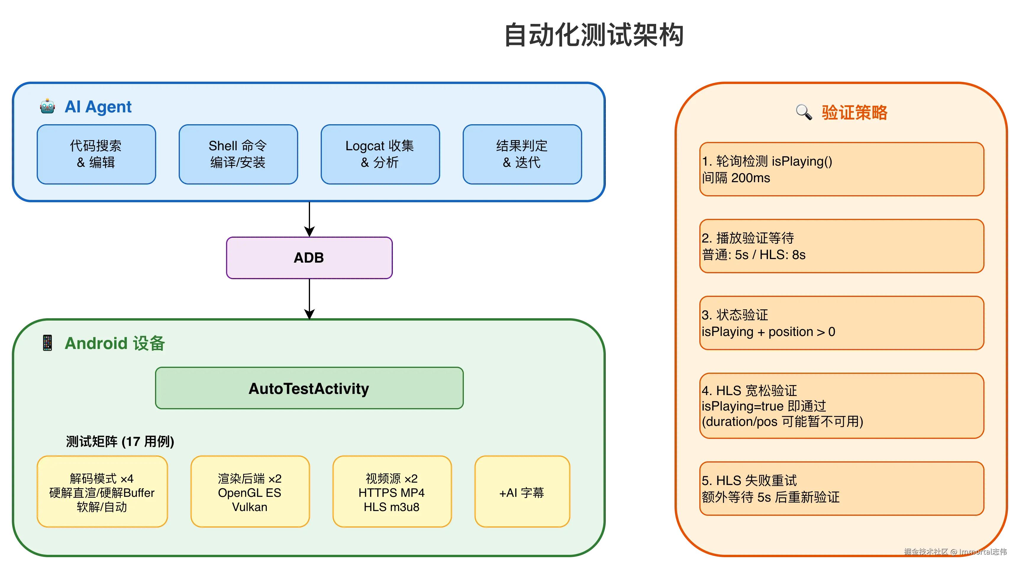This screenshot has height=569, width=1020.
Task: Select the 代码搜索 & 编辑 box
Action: pyautogui.click(x=96, y=154)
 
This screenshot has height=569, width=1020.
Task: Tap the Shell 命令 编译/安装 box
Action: pyautogui.click(x=238, y=154)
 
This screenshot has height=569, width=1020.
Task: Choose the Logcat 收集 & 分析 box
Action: pyautogui.click(x=380, y=154)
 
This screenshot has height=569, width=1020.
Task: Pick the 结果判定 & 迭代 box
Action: pyautogui.click(x=522, y=154)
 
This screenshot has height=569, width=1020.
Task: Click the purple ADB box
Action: pyautogui.click(x=309, y=258)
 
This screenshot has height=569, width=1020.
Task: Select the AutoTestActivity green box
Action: pyautogui.click(x=309, y=388)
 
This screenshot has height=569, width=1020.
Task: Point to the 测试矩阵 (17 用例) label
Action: pyautogui.click(x=120, y=441)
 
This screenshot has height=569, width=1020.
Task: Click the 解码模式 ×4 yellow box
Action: pyautogui.click(x=102, y=492)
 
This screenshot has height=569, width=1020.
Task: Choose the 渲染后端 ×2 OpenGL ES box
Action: pyautogui.click(x=250, y=492)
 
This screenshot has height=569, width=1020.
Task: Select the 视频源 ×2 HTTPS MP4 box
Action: pyautogui.click(x=392, y=492)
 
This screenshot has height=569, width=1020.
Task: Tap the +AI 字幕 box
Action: pyautogui.click(x=522, y=492)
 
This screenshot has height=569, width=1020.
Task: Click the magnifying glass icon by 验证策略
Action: pyautogui.click(x=804, y=112)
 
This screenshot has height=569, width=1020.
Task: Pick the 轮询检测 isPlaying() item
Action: pyautogui.click(x=841, y=169)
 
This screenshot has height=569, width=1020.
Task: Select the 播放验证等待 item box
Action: pyautogui.click(x=841, y=246)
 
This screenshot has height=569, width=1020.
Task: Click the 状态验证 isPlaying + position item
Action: pyautogui.click(x=841, y=323)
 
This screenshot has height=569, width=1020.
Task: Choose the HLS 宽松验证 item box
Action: pyautogui.click(x=841, y=405)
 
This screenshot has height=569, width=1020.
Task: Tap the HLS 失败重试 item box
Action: pyautogui.click(x=841, y=488)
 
